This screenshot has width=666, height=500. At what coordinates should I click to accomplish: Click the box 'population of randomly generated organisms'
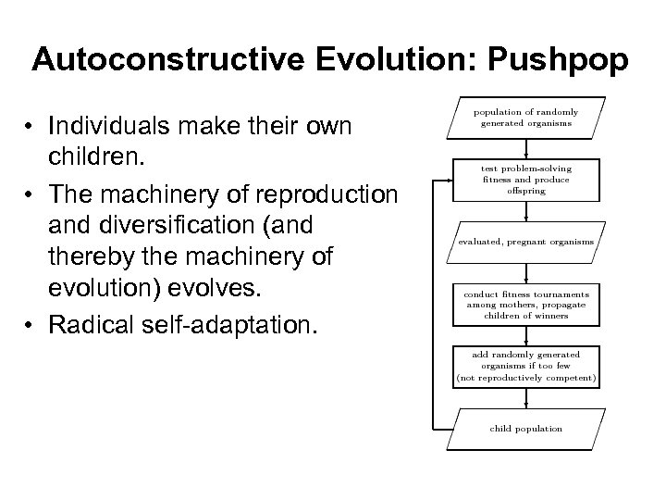coord(525,117)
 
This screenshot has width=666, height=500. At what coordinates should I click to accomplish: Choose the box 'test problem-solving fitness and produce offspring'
coord(525,180)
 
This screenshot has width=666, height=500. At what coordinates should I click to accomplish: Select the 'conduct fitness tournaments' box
coord(525,305)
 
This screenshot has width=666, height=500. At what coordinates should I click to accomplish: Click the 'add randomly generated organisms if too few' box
coord(525,367)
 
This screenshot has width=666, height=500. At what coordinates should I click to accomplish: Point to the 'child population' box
coord(525,429)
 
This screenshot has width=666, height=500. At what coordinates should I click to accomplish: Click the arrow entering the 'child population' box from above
coord(525,400)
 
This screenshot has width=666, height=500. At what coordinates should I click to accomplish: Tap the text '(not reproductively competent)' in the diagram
coord(525,379)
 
